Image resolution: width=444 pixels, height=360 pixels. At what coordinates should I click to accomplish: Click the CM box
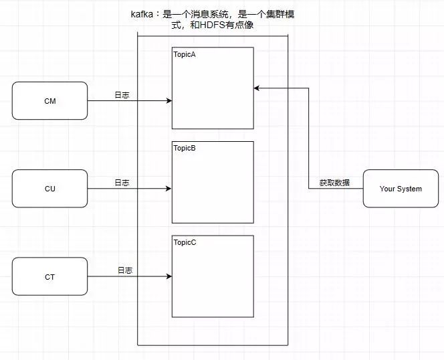pos(49,100)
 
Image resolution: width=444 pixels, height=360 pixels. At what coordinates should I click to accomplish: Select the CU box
pos(49,189)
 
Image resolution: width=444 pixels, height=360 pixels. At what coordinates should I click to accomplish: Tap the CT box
pos(49,276)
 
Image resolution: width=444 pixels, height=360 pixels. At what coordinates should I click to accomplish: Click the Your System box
pos(401,189)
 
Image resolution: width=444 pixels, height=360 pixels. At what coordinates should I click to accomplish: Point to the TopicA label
pos(185,54)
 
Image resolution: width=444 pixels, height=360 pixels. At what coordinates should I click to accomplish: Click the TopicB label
pos(185,148)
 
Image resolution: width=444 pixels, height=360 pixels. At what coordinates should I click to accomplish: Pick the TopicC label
pos(185,242)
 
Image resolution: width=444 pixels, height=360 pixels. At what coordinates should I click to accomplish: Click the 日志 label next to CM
pos(122,94)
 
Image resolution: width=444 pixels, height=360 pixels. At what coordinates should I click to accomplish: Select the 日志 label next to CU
pos(122,182)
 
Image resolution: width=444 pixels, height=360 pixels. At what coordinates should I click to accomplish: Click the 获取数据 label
pos(334,182)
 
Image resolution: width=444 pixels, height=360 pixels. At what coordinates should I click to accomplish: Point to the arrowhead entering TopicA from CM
pos(169,101)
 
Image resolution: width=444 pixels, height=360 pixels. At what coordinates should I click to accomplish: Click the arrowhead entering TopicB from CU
pos(169,189)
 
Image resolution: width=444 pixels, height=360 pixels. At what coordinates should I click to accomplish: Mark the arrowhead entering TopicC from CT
pos(169,276)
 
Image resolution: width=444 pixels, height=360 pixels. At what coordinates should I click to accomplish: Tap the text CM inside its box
pos(49,100)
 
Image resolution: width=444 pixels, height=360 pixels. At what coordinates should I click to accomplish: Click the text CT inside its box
pos(49,276)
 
